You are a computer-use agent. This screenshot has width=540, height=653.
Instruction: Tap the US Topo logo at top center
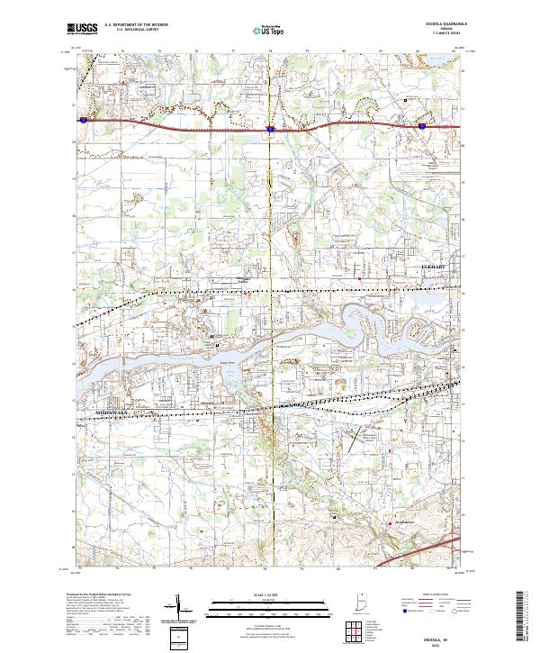[x=270, y=29]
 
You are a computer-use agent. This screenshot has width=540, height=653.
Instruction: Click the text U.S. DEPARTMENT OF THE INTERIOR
[x=136, y=25]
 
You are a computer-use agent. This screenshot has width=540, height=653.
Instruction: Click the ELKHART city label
[x=434, y=268]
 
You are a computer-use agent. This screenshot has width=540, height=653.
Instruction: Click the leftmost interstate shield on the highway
[x=82, y=119]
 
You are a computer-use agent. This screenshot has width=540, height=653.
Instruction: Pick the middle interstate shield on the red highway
[x=270, y=129]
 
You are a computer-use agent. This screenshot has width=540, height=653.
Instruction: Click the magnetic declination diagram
[x=182, y=607]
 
